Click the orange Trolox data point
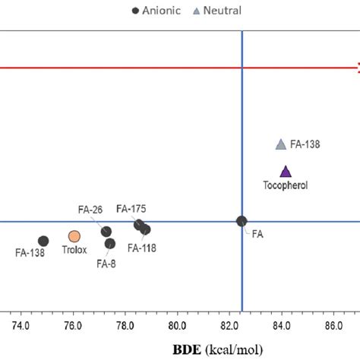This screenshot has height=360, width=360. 74,236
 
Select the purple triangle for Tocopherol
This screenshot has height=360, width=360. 285,172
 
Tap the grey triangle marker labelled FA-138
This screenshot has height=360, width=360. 280,144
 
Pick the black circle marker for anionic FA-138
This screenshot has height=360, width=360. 43,241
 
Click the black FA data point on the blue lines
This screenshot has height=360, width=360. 242,221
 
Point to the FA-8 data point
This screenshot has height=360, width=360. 110,244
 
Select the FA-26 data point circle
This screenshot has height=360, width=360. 106,231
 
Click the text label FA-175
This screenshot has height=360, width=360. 131,208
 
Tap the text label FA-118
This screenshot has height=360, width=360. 143,247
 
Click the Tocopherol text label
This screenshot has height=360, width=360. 285,185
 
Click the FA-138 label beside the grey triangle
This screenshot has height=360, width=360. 305,144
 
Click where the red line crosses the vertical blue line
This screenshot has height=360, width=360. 242,68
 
